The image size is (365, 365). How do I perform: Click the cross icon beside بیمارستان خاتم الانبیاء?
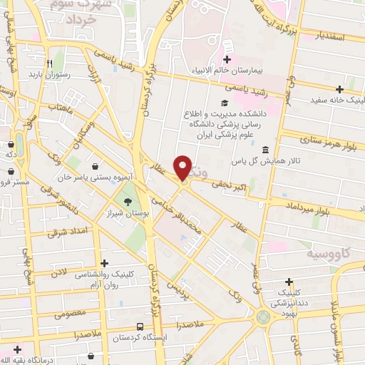[227, 59]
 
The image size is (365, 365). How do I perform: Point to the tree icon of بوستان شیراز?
[127, 202]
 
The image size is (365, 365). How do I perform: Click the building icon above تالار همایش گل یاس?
[265, 150]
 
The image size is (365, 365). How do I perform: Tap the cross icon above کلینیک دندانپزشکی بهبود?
[289, 282]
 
